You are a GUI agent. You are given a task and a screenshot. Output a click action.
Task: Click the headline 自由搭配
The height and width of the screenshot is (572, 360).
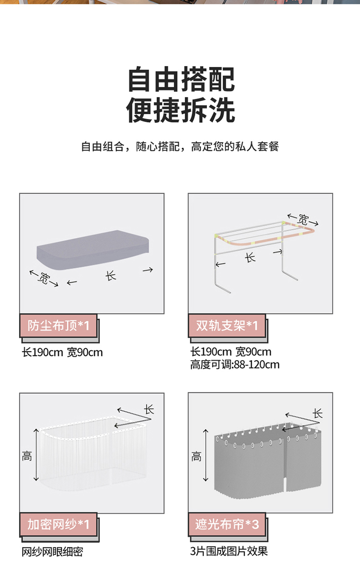point(181,79)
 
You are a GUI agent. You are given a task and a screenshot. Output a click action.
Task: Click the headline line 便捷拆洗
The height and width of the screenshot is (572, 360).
point(180,110)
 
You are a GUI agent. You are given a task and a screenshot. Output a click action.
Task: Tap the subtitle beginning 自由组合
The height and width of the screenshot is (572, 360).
point(180,146)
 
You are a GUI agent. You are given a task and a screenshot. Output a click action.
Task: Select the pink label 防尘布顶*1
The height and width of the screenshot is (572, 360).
point(59,326)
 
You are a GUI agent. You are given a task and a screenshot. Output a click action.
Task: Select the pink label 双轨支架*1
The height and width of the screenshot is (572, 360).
point(227,326)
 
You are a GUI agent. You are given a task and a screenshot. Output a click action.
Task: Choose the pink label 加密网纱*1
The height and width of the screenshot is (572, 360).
point(59,524)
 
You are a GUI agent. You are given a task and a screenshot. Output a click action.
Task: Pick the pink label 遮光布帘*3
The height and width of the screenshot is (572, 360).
point(227,524)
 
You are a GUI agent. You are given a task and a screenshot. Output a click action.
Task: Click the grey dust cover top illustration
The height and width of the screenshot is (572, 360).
point(93,250)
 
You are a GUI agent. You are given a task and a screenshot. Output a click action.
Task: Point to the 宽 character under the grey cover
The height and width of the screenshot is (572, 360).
point(43,279)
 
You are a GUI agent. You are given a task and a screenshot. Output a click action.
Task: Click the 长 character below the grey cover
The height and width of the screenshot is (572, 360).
point(110,275)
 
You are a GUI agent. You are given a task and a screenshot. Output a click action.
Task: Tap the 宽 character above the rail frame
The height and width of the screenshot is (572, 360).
point(303,219)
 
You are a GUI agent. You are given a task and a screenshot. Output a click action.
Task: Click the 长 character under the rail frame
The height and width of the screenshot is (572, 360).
point(250,258)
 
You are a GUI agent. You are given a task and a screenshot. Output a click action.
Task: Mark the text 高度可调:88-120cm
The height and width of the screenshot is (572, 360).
point(235,365)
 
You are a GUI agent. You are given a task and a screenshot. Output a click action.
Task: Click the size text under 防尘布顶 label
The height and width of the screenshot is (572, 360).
point(62,353)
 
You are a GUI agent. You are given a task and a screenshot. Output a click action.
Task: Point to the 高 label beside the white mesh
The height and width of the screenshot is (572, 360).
point(27,456)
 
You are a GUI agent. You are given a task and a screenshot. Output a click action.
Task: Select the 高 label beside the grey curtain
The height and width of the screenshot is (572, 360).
point(196,456)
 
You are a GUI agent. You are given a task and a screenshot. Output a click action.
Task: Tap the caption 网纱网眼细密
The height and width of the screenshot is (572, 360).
point(52,552)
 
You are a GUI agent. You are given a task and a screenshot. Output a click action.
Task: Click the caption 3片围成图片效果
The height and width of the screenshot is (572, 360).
point(229,551)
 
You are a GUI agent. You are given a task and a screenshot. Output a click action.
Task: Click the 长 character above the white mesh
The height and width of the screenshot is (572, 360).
point(149,409)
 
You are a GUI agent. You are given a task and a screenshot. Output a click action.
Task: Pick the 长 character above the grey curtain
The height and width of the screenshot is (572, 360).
point(318,414)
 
